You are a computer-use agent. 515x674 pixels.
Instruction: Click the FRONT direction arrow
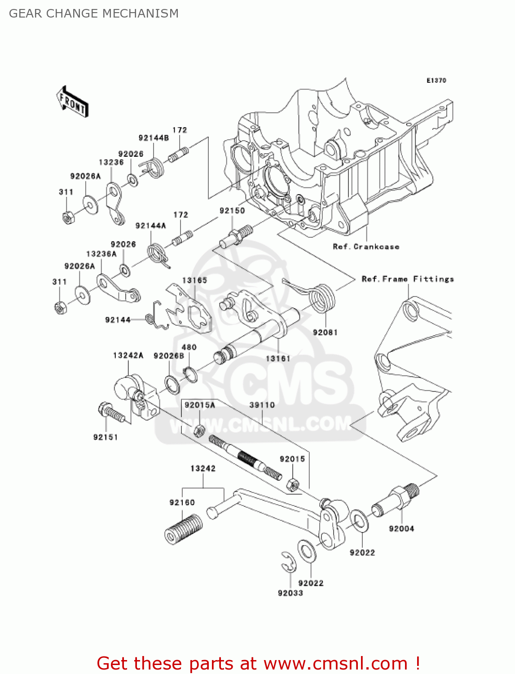pyautogui.click(x=72, y=102)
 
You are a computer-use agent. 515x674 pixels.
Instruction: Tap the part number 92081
pyautogui.click(x=325, y=333)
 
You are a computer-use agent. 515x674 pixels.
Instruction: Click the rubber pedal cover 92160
pyautogui.click(x=183, y=530)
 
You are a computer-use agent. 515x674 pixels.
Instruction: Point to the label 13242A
pyautogui.click(x=128, y=355)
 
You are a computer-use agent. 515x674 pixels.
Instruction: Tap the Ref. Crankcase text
pyautogui.click(x=366, y=247)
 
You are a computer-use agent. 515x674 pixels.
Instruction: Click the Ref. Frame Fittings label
pyautogui.click(x=408, y=279)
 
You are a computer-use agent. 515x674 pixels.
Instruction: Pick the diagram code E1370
pyautogui.click(x=436, y=80)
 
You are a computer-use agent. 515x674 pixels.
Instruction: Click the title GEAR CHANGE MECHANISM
pyautogui.click(x=94, y=13)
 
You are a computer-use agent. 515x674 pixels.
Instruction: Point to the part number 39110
pyautogui.click(x=262, y=405)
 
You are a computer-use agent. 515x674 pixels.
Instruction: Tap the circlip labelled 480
pyautogui.click(x=190, y=374)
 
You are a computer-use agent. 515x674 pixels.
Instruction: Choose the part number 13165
pyautogui.click(x=194, y=280)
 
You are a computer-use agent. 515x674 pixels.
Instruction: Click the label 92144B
pyautogui.click(x=154, y=138)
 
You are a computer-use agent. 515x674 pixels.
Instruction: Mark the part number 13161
pyautogui.click(x=278, y=359)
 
